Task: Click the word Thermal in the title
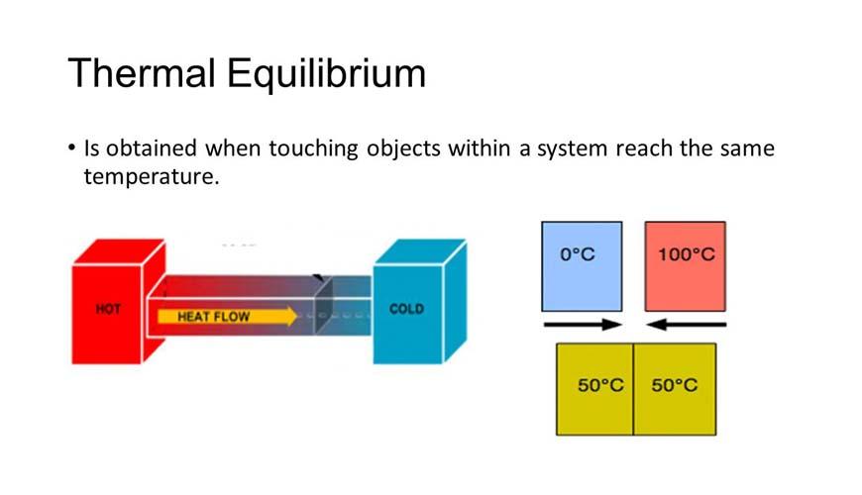(141, 74)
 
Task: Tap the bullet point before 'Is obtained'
(72, 148)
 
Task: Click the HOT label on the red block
(108, 309)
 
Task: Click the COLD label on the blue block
(406, 309)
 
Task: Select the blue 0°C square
(582, 265)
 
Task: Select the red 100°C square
(686, 265)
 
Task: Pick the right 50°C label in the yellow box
(675, 385)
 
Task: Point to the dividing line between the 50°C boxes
(633, 389)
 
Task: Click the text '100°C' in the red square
(686, 254)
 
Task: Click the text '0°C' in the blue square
(578, 254)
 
